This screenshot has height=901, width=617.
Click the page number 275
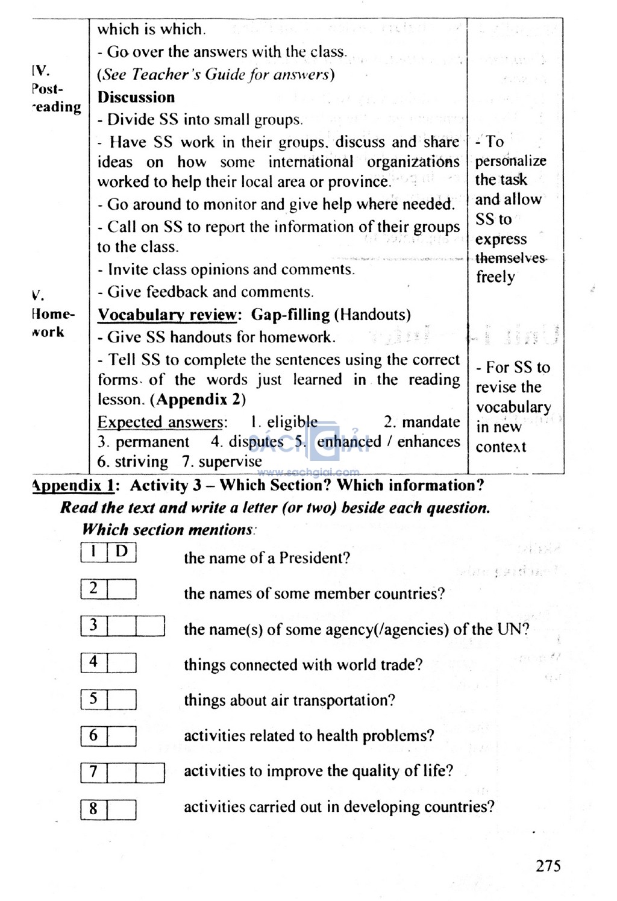click(548, 866)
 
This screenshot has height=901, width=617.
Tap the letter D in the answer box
click(122, 551)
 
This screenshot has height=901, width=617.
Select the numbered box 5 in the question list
click(93, 699)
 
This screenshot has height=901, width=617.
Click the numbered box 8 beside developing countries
click(93, 809)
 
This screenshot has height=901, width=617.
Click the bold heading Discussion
click(136, 97)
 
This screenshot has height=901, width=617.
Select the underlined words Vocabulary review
click(168, 315)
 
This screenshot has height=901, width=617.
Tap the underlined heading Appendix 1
click(72, 486)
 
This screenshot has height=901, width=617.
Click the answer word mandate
click(430, 422)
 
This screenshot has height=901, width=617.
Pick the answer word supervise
click(230, 462)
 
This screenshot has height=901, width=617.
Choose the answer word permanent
click(152, 442)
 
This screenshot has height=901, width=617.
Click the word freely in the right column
click(496, 277)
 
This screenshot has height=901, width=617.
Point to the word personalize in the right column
click(510, 161)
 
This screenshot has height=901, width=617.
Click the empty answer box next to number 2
click(122, 589)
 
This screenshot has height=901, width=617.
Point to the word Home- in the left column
click(53, 315)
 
